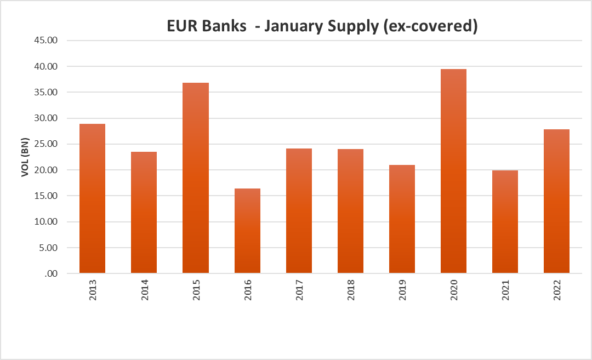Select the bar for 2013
[92, 198]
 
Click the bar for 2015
[196, 178]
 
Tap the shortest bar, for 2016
[247, 231]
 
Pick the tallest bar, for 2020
[453, 171]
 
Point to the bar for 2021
[505, 222]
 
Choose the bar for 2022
[556, 201]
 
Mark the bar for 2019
[402, 219]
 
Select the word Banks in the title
[225, 26]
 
